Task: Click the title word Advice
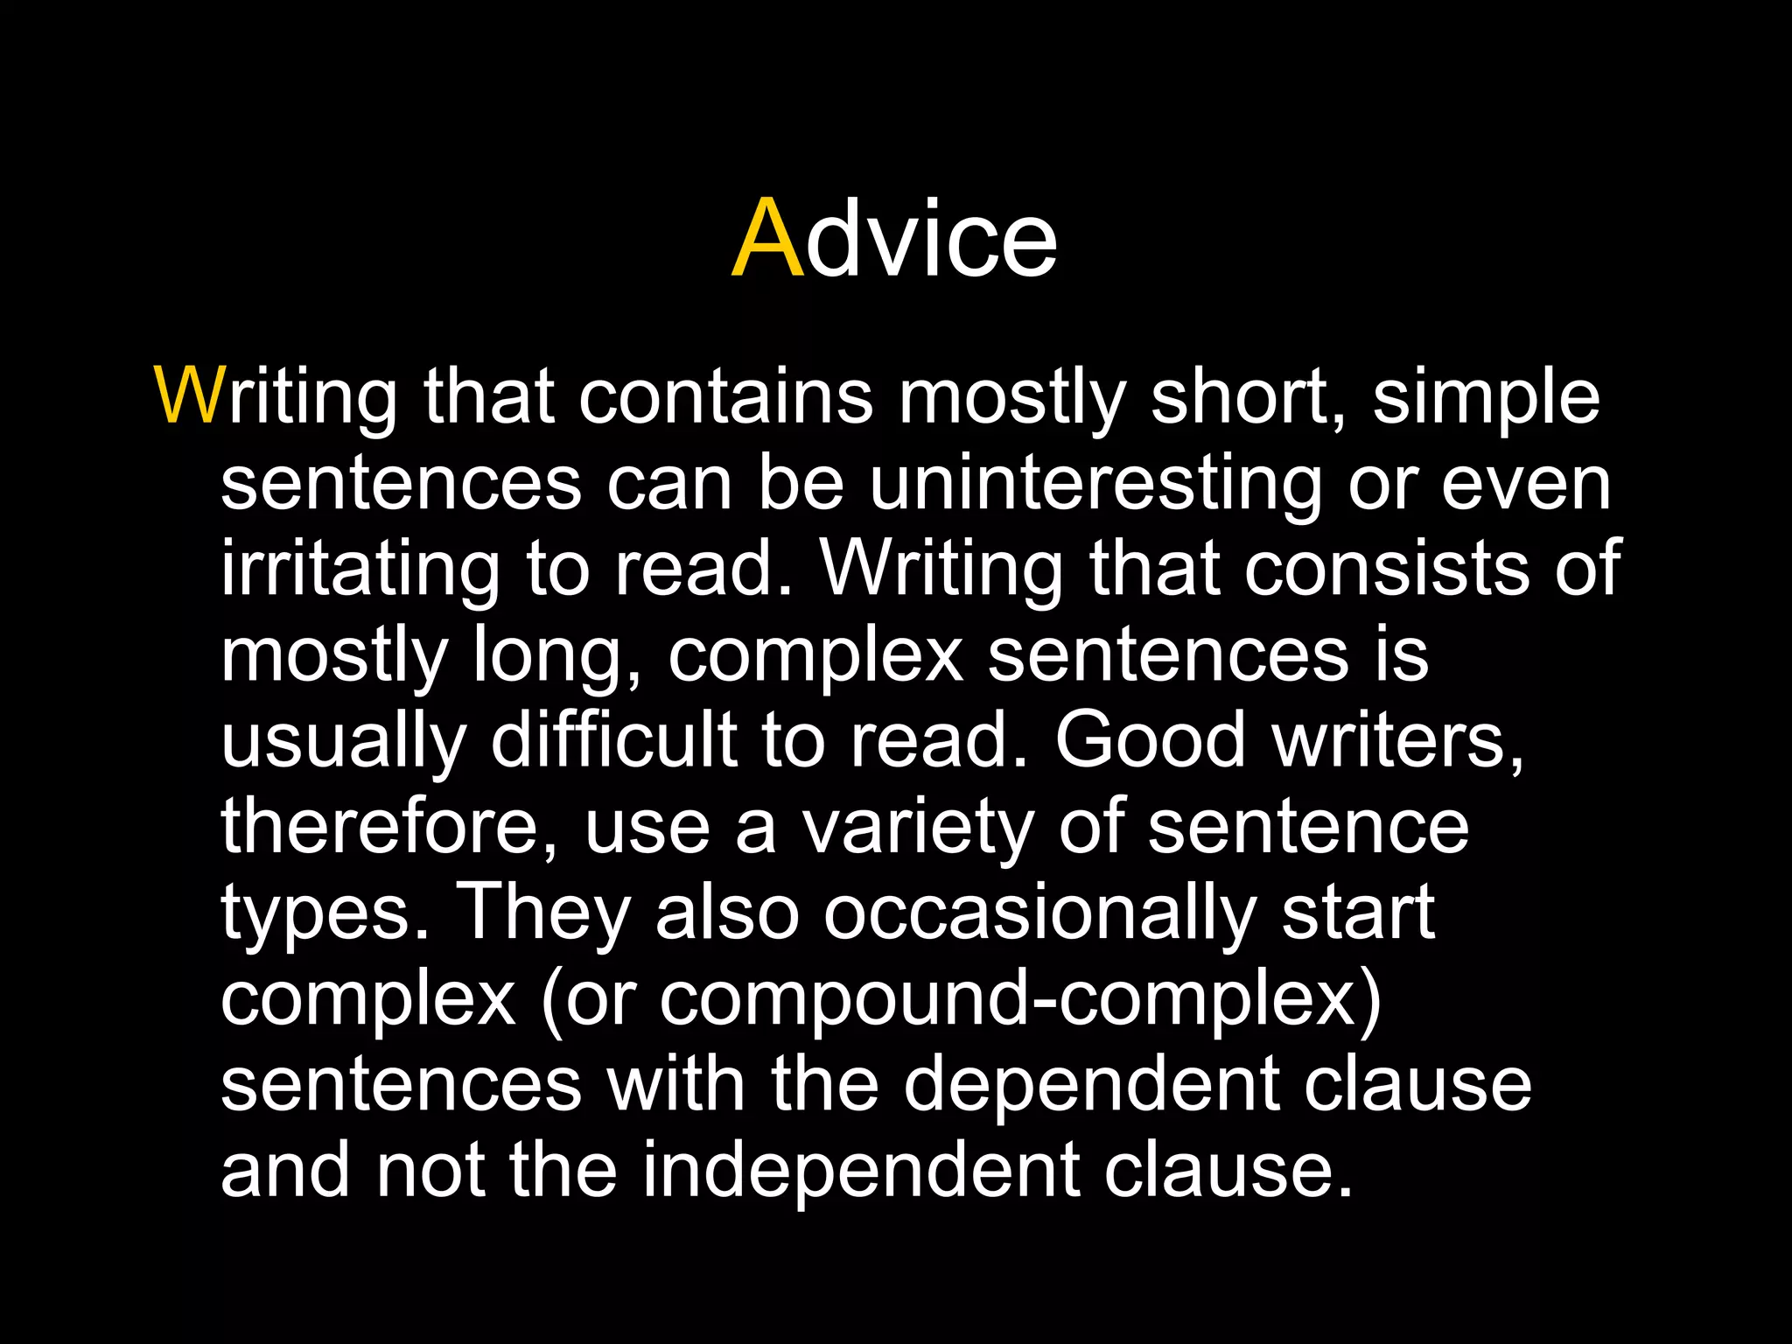(x=894, y=238)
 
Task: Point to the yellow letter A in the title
(x=766, y=238)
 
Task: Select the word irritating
(x=360, y=570)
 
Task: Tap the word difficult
(x=613, y=740)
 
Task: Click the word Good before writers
(x=1150, y=740)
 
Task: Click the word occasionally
(x=1039, y=913)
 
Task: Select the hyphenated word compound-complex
(x=1019, y=999)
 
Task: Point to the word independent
(x=861, y=1171)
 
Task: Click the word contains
(x=725, y=396)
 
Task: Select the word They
(x=542, y=913)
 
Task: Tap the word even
(x=1525, y=483)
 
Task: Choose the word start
(x=1358, y=913)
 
